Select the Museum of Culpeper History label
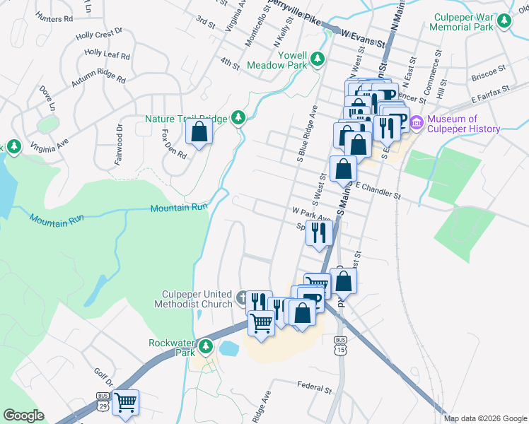tap(463, 124)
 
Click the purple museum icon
tap(416, 124)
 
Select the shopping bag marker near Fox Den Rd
tap(199, 132)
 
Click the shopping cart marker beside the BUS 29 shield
tap(126, 403)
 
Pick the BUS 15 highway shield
tap(340, 346)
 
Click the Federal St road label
tap(315, 388)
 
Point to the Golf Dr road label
tap(103, 375)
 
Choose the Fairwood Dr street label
tap(119, 145)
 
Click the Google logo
tap(23, 416)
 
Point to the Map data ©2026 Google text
tap(484, 418)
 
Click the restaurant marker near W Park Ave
tap(319, 232)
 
